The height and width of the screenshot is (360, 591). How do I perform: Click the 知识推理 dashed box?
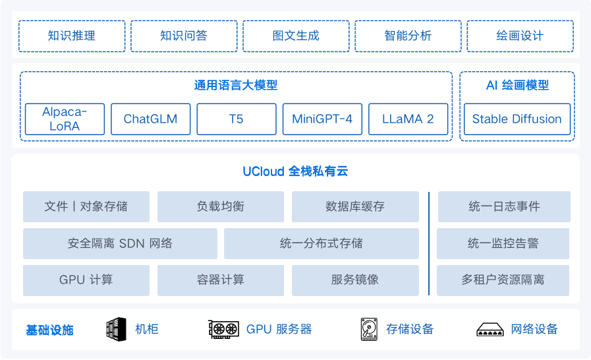72,36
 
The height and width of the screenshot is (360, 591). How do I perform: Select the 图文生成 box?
296,36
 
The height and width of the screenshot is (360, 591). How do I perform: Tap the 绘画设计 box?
520,36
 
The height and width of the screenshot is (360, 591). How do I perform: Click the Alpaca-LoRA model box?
65,119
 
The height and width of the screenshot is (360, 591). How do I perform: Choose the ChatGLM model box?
150,119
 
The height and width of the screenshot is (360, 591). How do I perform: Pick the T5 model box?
236,119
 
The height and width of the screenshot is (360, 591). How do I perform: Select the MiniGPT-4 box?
322,119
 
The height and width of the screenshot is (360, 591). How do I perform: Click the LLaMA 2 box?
408,119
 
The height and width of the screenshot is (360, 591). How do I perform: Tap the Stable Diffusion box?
517,119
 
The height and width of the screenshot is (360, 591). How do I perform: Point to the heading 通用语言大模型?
235,85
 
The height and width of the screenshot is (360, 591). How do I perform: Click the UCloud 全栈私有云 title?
295,172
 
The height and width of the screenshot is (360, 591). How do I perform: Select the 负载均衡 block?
220,206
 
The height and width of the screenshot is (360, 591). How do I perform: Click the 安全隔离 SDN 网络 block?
120,243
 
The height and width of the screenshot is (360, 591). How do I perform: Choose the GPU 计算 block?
86,280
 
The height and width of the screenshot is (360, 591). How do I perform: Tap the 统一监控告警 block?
503,243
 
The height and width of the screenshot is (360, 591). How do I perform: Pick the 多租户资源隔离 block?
503,280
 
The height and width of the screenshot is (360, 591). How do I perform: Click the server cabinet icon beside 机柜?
116,329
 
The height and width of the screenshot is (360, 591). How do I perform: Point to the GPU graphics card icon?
223,329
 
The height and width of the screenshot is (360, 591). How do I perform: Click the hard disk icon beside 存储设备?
368,329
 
